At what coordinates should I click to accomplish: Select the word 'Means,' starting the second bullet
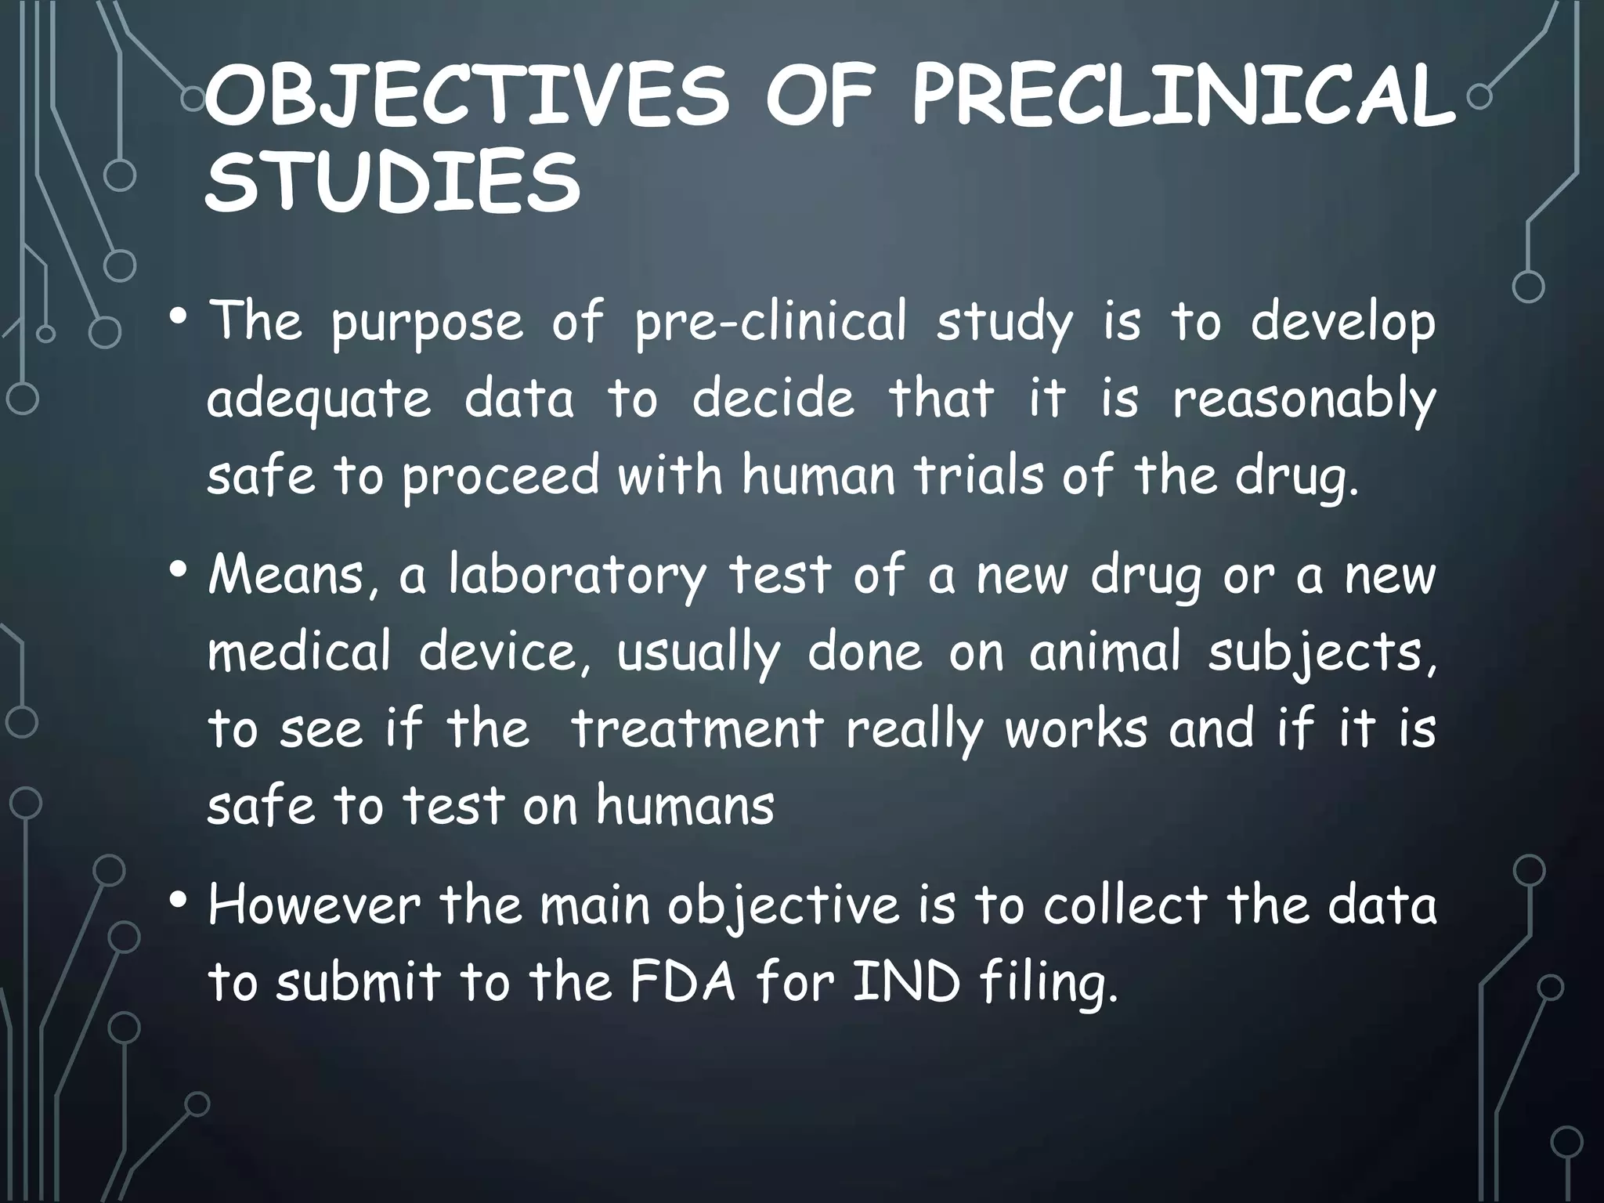click(x=294, y=576)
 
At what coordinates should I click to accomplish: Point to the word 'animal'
click(x=1104, y=652)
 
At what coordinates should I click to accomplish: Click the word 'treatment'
click(x=697, y=729)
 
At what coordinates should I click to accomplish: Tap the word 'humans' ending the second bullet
click(x=685, y=806)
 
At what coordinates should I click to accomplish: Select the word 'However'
click(x=314, y=906)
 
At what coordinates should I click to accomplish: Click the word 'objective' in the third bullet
click(x=783, y=906)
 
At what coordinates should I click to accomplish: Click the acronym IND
click(x=905, y=983)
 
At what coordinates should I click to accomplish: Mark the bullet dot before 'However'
click(x=178, y=901)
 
